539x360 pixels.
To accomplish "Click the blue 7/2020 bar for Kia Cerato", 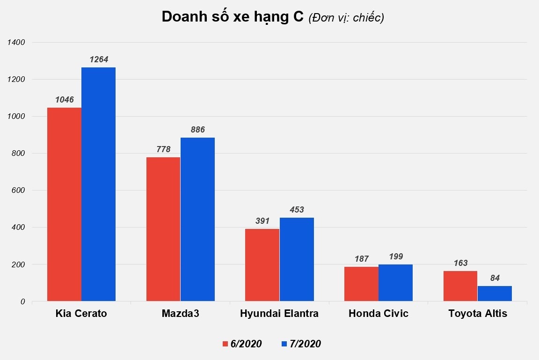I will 98,184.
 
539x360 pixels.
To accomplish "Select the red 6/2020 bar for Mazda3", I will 163,229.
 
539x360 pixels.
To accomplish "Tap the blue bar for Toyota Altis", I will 495,293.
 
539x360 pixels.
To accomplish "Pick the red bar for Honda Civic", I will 361,284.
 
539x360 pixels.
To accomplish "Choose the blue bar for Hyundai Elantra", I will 297,259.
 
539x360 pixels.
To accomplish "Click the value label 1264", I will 98,60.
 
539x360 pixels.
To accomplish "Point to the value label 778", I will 163,149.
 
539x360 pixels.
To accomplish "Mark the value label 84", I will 495,278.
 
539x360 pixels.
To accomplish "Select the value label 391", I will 262,221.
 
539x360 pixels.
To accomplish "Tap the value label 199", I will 396,257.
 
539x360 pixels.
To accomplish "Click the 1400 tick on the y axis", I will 16,43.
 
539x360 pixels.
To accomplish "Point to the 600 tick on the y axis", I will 19,191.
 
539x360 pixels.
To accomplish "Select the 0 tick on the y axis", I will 22,302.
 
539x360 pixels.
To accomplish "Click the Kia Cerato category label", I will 81,314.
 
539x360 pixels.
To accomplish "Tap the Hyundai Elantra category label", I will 279,314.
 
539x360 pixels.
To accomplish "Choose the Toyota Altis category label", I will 477,314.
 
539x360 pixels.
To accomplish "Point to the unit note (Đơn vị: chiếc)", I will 346,18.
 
